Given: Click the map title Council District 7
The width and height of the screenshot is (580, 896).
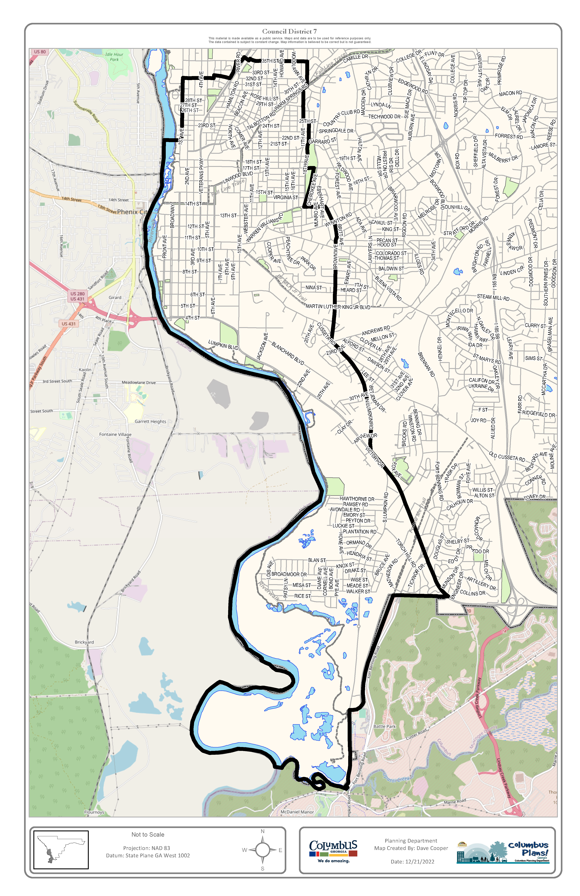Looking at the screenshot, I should pyautogui.click(x=289, y=32).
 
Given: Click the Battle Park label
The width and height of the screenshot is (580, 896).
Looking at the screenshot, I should pyautogui.click(x=385, y=726).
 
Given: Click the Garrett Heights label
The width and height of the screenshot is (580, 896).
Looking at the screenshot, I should pyautogui.click(x=150, y=422).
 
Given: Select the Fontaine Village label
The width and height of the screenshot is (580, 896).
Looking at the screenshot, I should pyautogui.click(x=115, y=434).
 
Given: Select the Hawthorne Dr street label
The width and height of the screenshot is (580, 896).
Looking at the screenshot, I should pyautogui.click(x=357, y=499).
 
